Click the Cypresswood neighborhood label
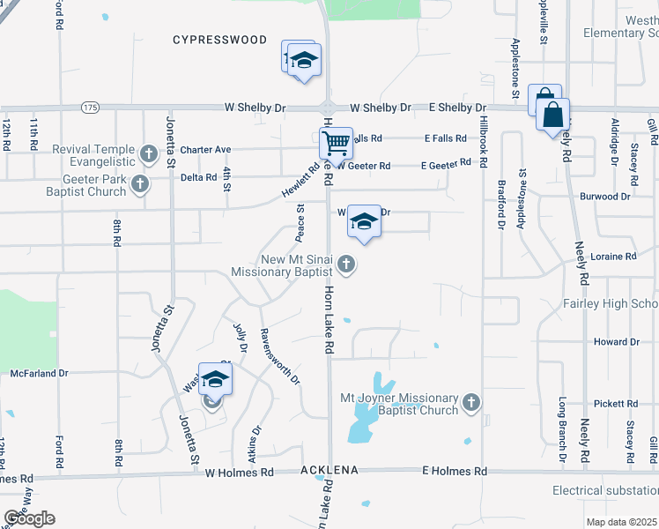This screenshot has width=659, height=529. tap(219, 40)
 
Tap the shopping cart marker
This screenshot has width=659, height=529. tap(336, 141)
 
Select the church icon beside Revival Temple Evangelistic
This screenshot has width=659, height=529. tap(149, 155)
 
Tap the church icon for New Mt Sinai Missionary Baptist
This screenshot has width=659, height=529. tap(347, 264)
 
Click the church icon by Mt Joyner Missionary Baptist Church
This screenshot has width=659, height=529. tap(471, 403)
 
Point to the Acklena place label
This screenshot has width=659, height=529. tap(329, 471)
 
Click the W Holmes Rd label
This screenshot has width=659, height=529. tap(240, 473)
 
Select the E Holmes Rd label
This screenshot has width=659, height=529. tap(455, 472)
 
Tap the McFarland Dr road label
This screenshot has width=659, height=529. tap(39, 374)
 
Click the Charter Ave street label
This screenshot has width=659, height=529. tap(205, 150)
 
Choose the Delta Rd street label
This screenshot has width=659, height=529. tap(198, 176)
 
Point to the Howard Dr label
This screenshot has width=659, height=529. tap(616, 342)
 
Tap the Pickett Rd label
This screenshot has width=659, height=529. tap(616, 404)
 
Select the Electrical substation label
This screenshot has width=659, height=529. tap(605, 490)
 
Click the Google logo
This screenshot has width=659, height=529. tap(29, 518)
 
